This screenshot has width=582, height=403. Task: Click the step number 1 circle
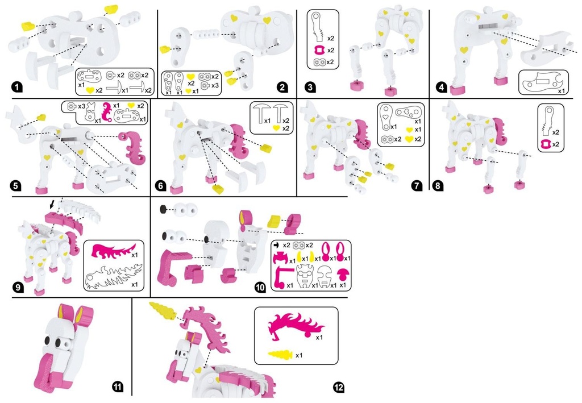click(x=16, y=88)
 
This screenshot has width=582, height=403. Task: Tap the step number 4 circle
click(x=441, y=88)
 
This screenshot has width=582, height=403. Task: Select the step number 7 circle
click(x=417, y=185)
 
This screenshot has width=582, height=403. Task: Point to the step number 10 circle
click(x=260, y=287)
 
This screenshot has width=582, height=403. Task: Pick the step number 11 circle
click(x=117, y=387)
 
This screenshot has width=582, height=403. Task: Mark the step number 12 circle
click(x=339, y=388)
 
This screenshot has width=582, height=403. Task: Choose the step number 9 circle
click(x=17, y=287)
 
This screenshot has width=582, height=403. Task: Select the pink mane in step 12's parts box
click(x=296, y=326)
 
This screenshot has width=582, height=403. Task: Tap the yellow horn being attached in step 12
click(x=164, y=309)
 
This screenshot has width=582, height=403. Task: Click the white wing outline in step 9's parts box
click(x=113, y=276)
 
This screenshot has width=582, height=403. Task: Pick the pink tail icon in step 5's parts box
click(x=107, y=112)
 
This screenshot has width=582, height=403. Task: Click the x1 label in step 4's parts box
click(x=562, y=90)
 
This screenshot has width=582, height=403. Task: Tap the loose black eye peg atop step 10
click(x=163, y=210)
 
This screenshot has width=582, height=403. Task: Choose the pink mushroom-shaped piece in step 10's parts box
click(x=342, y=274)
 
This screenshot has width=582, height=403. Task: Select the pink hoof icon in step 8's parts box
click(x=545, y=144)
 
